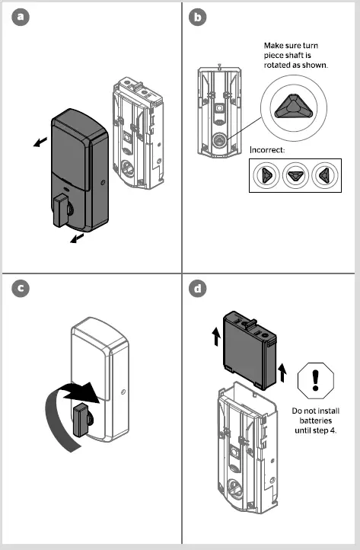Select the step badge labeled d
196,289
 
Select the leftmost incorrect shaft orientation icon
267,175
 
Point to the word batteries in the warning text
315,420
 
